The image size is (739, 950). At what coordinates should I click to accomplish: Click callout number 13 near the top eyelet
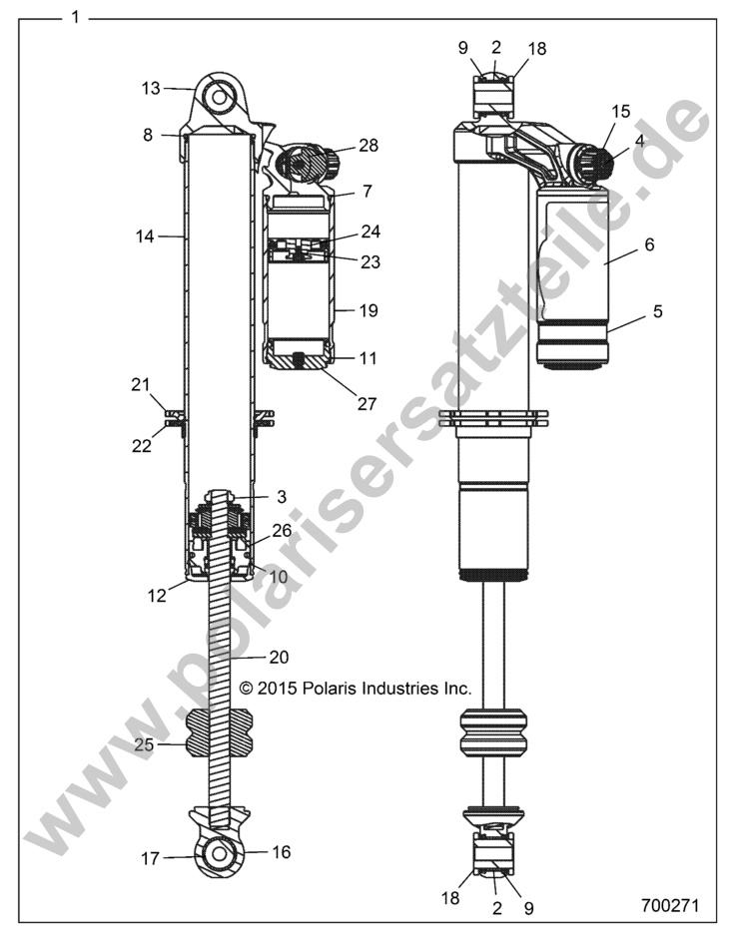(151, 88)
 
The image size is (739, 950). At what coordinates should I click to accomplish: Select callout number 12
(158, 596)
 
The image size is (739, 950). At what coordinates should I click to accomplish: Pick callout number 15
(621, 112)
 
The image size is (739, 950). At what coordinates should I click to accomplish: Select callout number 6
(650, 243)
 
